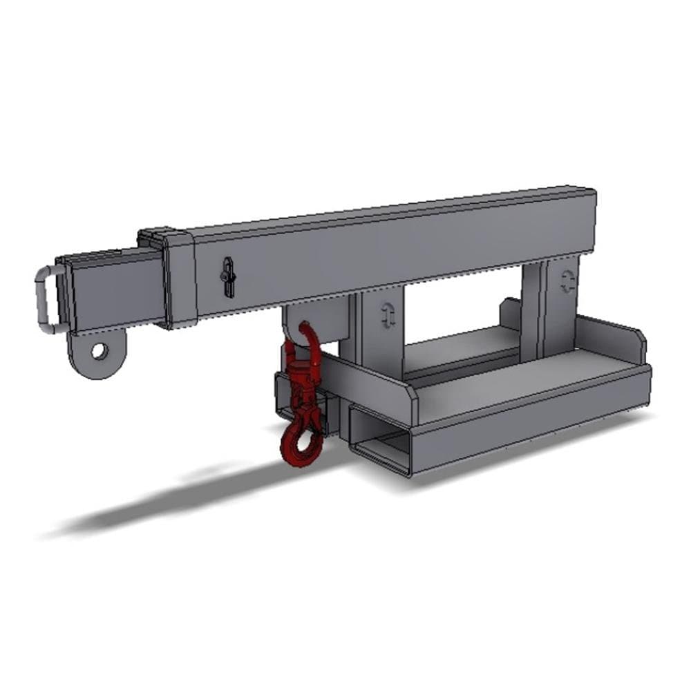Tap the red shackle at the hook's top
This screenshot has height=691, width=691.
[x=305, y=339]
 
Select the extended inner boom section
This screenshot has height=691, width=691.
[x=111, y=290]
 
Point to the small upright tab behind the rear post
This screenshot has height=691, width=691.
[x=512, y=311]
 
